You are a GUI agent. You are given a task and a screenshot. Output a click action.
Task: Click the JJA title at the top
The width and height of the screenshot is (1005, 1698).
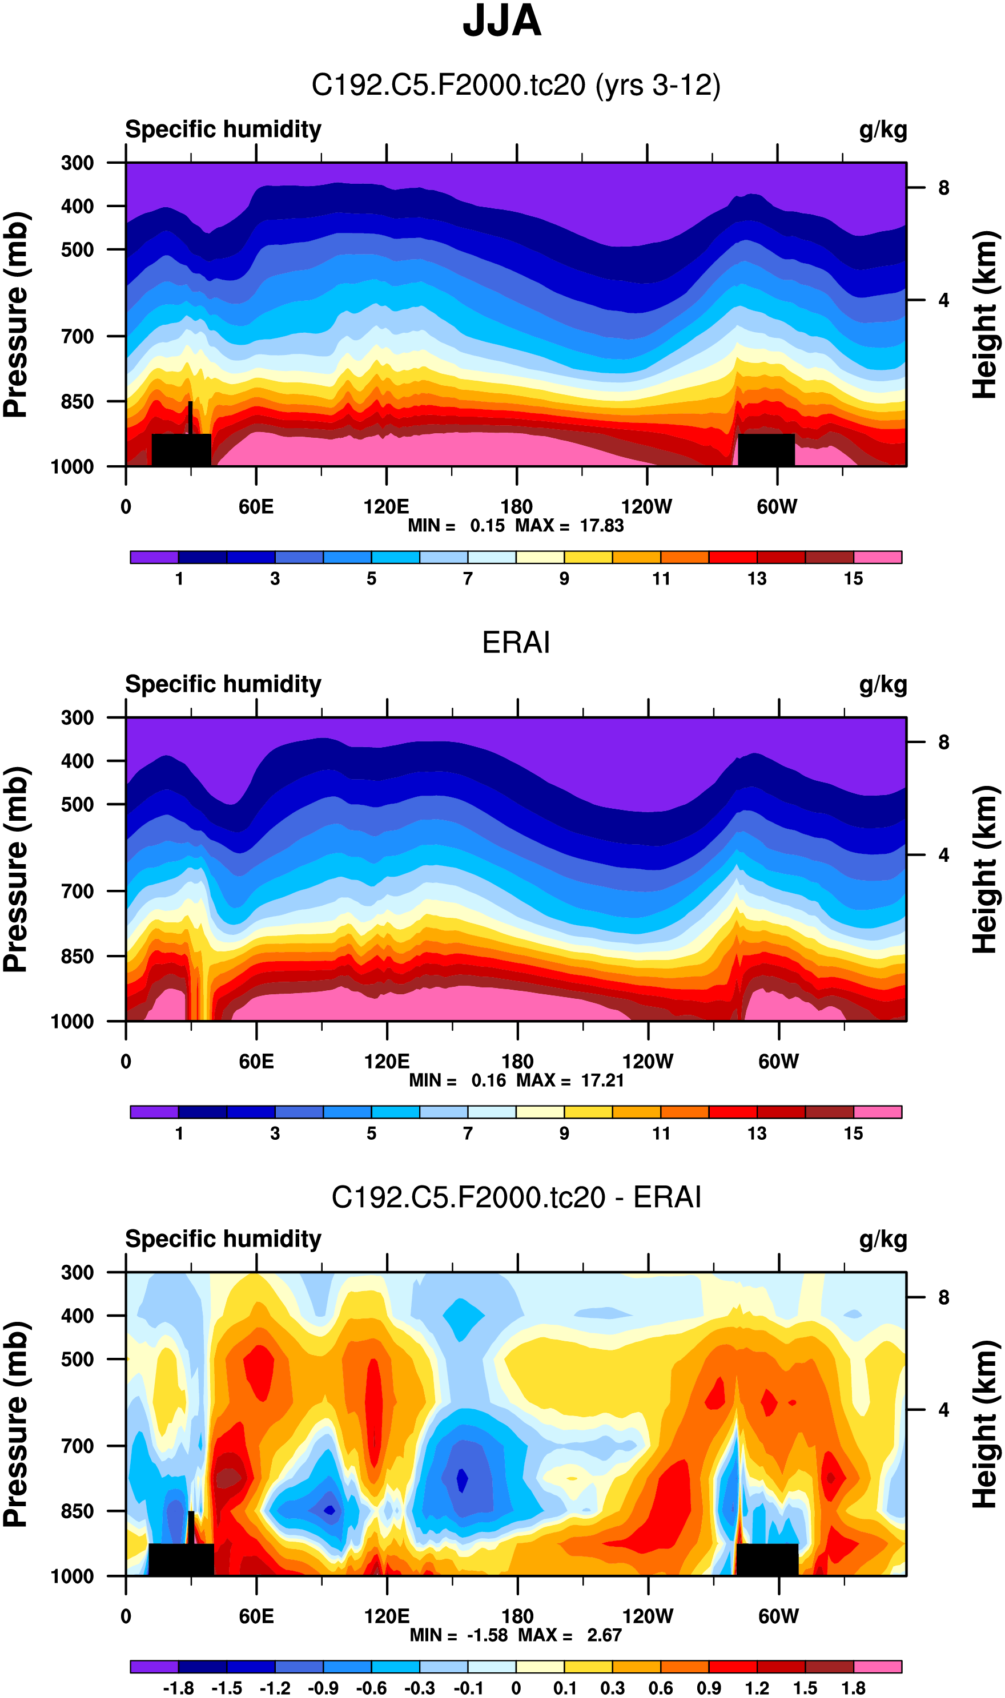(502, 22)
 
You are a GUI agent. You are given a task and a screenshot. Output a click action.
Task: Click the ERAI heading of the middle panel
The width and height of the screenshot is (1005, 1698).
(516, 642)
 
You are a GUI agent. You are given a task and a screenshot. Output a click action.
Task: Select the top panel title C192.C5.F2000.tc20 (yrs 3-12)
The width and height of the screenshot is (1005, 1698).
(516, 85)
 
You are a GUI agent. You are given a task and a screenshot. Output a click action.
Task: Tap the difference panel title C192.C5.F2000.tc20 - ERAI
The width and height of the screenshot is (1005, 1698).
(516, 1197)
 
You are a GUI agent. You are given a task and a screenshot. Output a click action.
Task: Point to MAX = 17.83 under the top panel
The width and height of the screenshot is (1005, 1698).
(569, 526)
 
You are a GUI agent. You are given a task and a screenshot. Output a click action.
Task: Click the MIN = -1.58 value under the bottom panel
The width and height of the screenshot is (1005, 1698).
(459, 1635)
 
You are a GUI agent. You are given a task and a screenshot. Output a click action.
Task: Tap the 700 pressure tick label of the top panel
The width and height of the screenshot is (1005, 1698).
(77, 336)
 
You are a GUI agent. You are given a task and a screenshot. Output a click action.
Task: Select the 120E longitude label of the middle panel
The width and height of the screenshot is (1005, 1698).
(386, 1061)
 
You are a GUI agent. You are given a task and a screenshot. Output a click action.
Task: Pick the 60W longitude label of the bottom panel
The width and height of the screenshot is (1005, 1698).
(778, 1616)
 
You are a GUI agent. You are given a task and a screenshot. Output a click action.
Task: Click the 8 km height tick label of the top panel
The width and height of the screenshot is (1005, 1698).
(943, 188)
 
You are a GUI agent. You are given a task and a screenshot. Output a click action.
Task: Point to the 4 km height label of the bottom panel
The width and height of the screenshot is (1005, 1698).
(943, 1410)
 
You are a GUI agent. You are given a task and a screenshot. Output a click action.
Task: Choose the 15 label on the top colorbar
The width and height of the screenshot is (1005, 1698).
(853, 579)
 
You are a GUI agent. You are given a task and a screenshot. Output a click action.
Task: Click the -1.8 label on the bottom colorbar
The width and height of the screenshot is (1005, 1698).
(178, 1688)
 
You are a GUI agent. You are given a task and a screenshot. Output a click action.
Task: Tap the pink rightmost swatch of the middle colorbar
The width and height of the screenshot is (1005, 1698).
(877, 1112)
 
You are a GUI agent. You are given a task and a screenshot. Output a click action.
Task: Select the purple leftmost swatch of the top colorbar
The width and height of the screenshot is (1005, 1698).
(154, 557)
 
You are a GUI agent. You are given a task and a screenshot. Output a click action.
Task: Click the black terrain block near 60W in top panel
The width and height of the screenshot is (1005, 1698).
(766, 449)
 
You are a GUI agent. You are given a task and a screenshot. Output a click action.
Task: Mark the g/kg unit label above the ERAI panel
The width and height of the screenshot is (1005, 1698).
(882, 684)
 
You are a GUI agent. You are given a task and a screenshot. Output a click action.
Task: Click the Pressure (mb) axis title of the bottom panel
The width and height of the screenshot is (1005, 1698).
(16, 1424)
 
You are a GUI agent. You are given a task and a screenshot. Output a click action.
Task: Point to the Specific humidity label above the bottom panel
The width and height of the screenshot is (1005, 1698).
(223, 1239)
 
